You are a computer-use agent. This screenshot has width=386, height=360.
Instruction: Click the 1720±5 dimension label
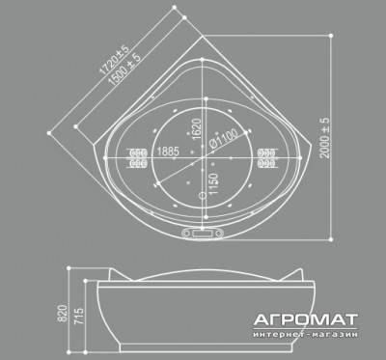(x=114, y=60)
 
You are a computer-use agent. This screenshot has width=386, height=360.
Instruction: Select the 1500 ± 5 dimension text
(x=124, y=69)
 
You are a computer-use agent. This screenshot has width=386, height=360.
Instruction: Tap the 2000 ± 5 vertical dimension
(x=325, y=138)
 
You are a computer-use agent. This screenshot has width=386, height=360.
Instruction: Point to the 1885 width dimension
(x=168, y=152)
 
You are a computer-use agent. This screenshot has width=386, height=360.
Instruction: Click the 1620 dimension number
(x=196, y=128)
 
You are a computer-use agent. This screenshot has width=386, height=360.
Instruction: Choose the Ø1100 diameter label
(x=224, y=138)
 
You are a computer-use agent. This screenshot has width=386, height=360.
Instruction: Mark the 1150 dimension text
(x=213, y=184)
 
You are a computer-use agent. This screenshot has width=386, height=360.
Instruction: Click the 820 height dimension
(x=63, y=314)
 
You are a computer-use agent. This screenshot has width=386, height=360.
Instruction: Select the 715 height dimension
(x=79, y=316)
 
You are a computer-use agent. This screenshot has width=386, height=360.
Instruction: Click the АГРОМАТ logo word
(x=305, y=319)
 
